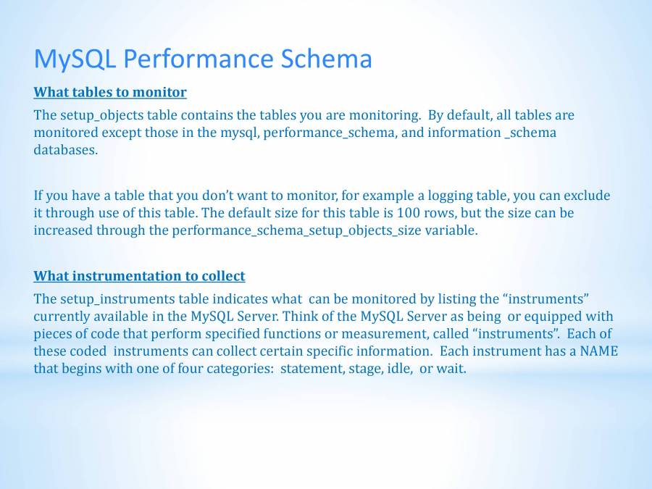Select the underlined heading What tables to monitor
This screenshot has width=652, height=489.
point(110,92)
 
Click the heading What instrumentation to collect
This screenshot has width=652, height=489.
point(139,276)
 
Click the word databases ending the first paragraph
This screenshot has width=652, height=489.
point(64,150)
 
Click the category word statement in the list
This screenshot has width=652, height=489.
point(309,369)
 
